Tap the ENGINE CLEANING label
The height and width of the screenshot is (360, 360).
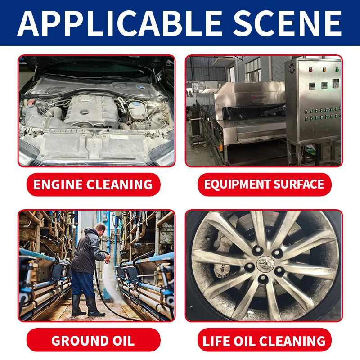coord(94,184)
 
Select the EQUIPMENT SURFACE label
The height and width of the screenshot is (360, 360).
coord(264,184)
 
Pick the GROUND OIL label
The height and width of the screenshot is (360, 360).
coord(93,340)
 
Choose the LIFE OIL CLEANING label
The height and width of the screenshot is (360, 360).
coord(264,340)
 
